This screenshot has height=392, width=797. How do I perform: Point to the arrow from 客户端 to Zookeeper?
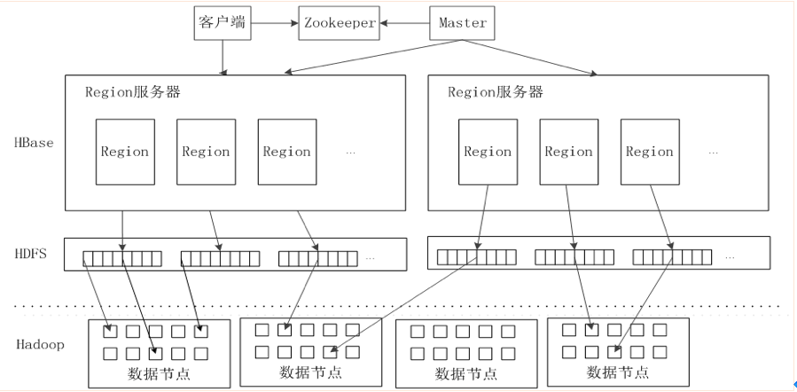(275, 23)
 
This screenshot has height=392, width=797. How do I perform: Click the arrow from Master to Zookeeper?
(404, 23)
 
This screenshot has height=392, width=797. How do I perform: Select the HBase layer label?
(34, 143)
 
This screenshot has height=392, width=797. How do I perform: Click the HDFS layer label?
(30, 253)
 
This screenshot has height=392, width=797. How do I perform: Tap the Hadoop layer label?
(40, 345)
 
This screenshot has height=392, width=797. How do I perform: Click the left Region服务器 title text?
(133, 92)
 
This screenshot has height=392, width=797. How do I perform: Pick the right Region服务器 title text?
(496, 92)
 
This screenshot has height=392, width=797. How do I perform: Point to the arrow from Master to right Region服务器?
(529, 58)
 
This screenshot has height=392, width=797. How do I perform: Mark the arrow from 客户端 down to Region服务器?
(223, 58)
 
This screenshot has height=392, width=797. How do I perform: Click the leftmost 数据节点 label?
(159, 374)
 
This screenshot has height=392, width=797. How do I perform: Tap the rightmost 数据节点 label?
(618, 372)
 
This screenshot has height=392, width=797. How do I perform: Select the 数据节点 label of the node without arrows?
(466, 373)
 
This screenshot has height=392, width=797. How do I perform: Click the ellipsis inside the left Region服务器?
(350, 153)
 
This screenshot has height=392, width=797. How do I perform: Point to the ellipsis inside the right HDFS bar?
(730, 258)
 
